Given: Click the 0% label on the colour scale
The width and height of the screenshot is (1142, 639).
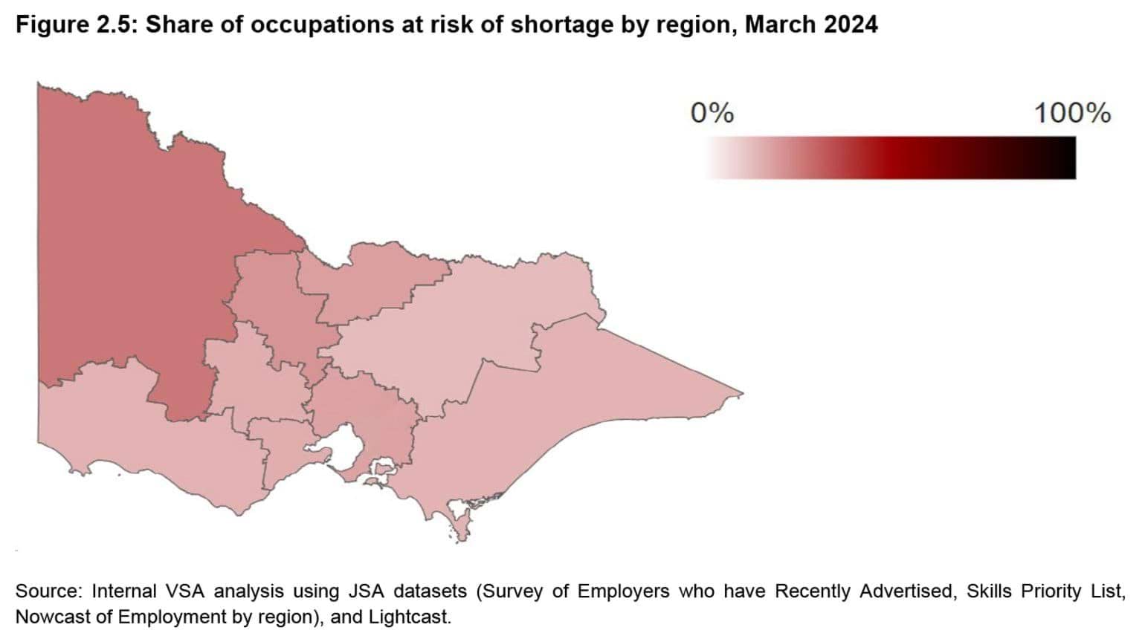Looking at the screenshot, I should coord(712,113).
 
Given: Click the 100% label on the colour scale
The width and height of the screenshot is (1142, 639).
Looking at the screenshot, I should coord(1071,113).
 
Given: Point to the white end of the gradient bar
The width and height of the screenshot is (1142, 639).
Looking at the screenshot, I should coord(712,158).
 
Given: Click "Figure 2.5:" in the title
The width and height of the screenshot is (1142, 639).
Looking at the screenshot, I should coord(77,25).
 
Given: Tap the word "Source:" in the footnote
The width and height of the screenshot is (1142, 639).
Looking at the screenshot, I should coord(48,591).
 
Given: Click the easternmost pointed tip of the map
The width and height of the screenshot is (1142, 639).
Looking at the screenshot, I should coord(741,394).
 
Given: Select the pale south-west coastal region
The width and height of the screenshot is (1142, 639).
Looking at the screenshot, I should coord(149,446).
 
